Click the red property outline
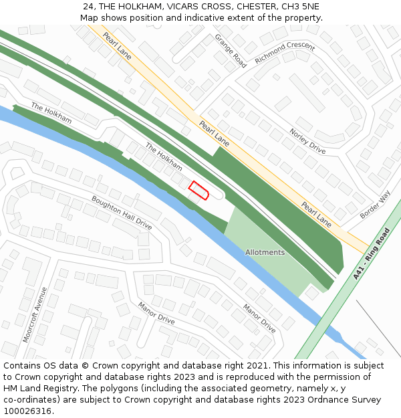[x=198, y=191]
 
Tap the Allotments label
[x=265, y=252]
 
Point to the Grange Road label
[x=231, y=51]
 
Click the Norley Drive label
[x=307, y=141]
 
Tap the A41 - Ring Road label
[x=372, y=253]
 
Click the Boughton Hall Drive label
[x=122, y=213]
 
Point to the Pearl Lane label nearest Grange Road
[x=117, y=47]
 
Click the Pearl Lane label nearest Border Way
[x=315, y=214]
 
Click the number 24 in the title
[x=89, y=7]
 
